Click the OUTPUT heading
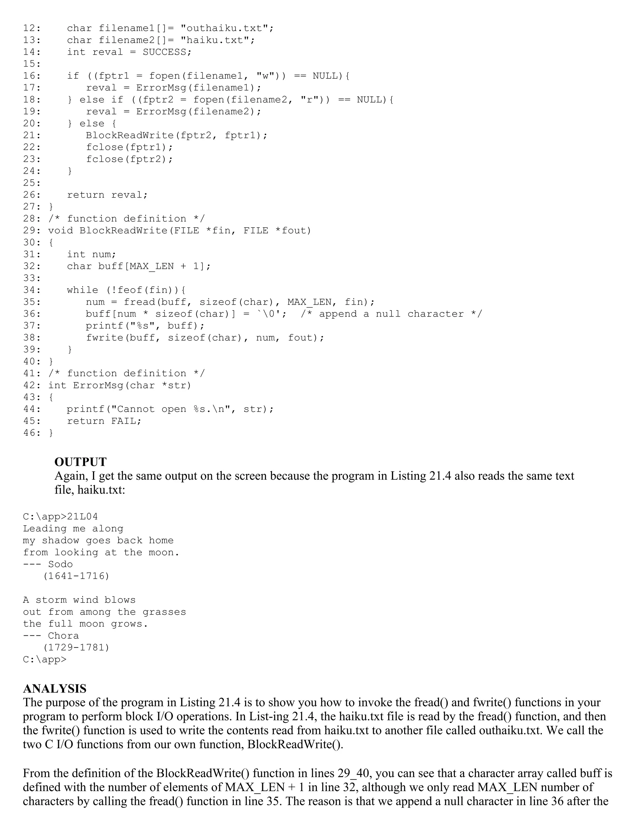coord(80,462)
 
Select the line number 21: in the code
coord(32,135)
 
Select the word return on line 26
coord(85,195)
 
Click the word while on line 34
coord(82,290)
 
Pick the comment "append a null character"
coord(391,314)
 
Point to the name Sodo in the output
coord(60,564)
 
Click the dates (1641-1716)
coord(76,576)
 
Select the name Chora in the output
coord(63,635)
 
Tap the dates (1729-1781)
coord(76,647)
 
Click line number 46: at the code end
coord(32,433)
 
